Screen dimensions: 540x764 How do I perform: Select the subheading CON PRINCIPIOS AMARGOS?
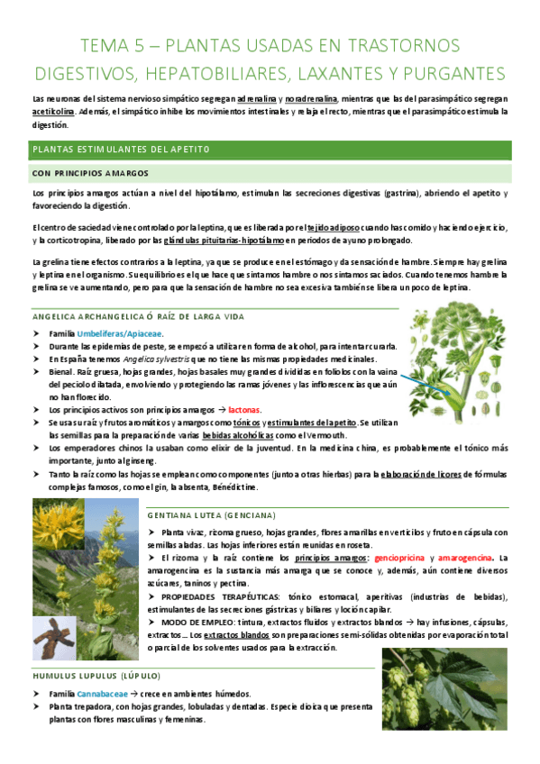coord(89,172)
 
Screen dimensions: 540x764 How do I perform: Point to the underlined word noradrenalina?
coord(312,97)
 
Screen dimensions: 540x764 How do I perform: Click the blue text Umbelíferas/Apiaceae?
coord(120,334)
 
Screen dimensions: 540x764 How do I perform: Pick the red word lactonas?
coord(244,410)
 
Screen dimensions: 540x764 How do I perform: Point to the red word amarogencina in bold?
coord(470,559)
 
